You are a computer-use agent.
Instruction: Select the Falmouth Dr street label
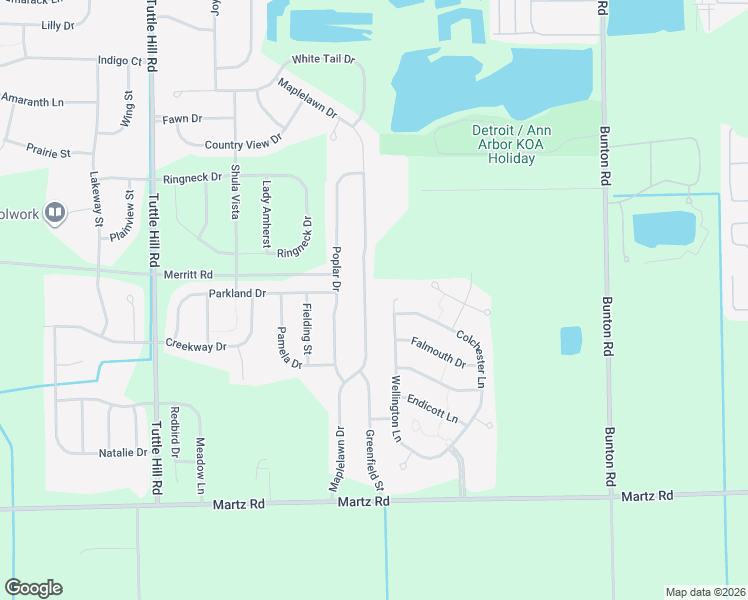pyautogui.click(x=438, y=351)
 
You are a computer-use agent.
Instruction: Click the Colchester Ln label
pyautogui.click(x=470, y=359)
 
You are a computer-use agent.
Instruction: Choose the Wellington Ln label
pyautogui.click(x=396, y=410)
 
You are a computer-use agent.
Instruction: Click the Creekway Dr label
pyautogui.click(x=197, y=346)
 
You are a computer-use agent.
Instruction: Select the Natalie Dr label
pyautogui.click(x=123, y=453)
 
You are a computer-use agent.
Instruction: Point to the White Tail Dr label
pyautogui.click(x=323, y=59)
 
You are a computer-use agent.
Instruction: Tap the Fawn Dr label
pyautogui.click(x=183, y=120)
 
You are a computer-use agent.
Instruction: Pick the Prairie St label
pyautogui.click(x=49, y=154)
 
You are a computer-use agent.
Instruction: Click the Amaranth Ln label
pyautogui.click(x=32, y=101)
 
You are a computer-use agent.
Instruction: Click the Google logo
pyautogui.click(x=34, y=588)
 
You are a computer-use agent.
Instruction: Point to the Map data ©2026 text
pyautogui.click(x=706, y=591)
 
